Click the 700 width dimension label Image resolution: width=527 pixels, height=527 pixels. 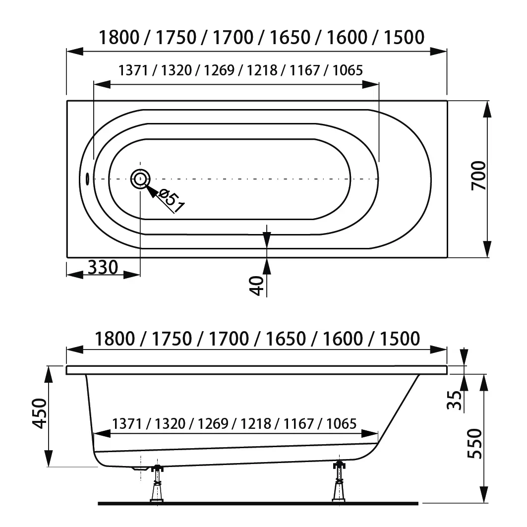pos(478,176)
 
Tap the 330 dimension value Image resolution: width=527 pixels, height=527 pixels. pos(103,268)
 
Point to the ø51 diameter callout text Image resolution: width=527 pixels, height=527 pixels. pos(172,201)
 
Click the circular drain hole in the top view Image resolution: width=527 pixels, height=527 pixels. pos(140,179)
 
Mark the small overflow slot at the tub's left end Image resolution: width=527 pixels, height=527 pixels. pos(87,179)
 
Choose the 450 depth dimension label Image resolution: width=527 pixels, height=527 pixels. pos(40,413)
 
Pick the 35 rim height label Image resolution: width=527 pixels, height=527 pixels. pos(455,400)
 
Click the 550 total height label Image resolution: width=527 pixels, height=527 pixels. pos(474,444)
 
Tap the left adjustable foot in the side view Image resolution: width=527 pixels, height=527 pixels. pos(157,483)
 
